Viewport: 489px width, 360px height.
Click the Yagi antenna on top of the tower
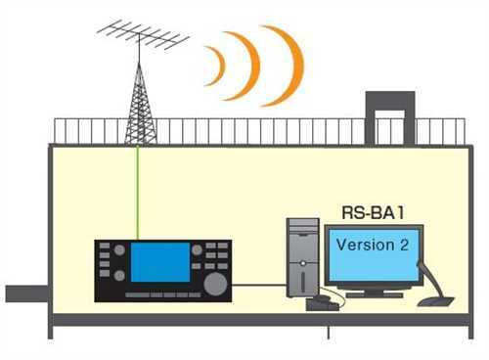click(x=142, y=37)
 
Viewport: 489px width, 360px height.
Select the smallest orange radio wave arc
click(x=215, y=66)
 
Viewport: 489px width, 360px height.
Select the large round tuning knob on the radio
click(x=214, y=283)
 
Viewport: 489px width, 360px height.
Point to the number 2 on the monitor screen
click(x=402, y=245)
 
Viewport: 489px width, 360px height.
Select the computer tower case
click(x=302, y=257)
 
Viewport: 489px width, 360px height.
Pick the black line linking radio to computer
click(x=258, y=285)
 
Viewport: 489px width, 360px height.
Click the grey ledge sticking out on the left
click(x=25, y=293)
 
